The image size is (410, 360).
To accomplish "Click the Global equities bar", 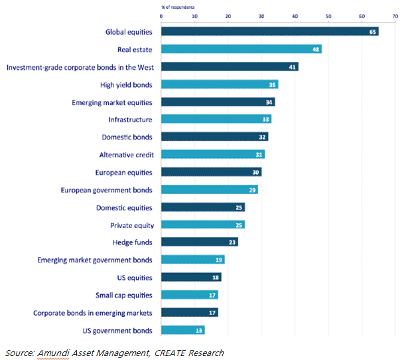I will pyautogui.click(x=270, y=32).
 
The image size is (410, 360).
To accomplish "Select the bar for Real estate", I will pyautogui.click(x=241, y=49).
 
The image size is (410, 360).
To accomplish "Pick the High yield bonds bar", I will pyautogui.click(x=220, y=84).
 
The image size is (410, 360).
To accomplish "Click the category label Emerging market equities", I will pyautogui.click(x=112, y=102).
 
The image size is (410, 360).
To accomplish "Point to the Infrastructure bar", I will pyautogui.click(x=216, y=120).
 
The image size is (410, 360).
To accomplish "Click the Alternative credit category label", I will pyautogui.click(x=126, y=154).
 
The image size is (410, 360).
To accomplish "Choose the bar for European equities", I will pyautogui.click(x=212, y=172).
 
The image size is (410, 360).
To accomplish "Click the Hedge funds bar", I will pyautogui.click(x=200, y=242).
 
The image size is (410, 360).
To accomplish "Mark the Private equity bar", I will pyautogui.click(x=203, y=225).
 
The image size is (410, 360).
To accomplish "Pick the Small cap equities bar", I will pyautogui.click(x=190, y=295).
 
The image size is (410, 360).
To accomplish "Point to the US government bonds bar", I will pyautogui.click(x=183, y=330).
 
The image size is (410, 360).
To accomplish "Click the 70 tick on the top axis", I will pyautogui.click(x=395, y=16).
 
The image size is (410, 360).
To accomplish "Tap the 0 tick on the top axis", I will pyautogui.click(x=161, y=16).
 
